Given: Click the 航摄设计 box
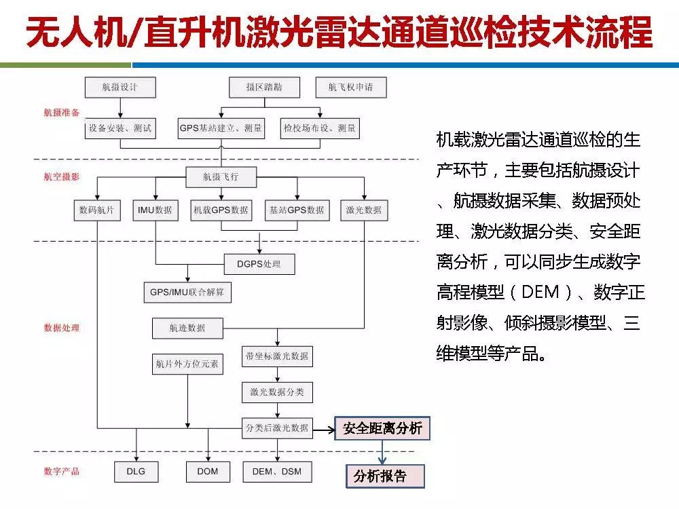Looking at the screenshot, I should pyautogui.click(x=120, y=88).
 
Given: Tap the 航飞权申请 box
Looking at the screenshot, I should pyautogui.click(x=350, y=88).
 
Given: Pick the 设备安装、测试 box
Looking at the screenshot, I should pyautogui.click(x=120, y=128).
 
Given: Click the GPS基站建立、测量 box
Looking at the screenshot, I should pyautogui.click(x=221, y=128).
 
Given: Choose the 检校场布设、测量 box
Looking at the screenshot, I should pyautogui.click(x=320, y=128).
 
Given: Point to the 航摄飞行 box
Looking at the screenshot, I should pyautogui.click(x=221, y=178).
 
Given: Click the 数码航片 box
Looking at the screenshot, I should pyautogui.click(x=96, y=210).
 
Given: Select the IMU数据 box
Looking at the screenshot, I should pyautogui.click(x=155, y=210).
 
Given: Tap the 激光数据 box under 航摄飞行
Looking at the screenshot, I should pyautogui.click(x=363, y=210).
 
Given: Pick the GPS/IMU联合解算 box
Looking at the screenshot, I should pyautogui.click(x=187, y=293).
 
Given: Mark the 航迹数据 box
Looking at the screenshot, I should pyautogui.click(x=187, y=328).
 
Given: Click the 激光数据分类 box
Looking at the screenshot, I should pyautogui.click(x=277, y=392).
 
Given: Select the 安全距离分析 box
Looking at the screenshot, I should pyautogui.click(x=382, y=429).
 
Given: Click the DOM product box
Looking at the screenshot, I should pyautogui.click(x=207, y=472).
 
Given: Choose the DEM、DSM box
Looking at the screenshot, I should pyautogui.click(x=277, y=472).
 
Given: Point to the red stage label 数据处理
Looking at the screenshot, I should pyautogui.click(x=62, y=328).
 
